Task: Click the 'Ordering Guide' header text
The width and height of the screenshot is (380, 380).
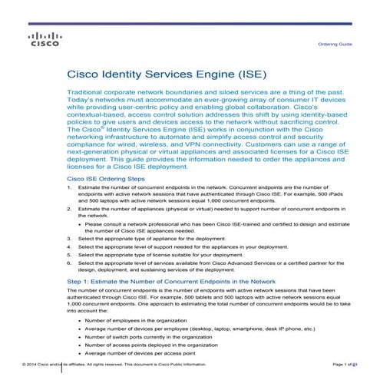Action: click(335, 44)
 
